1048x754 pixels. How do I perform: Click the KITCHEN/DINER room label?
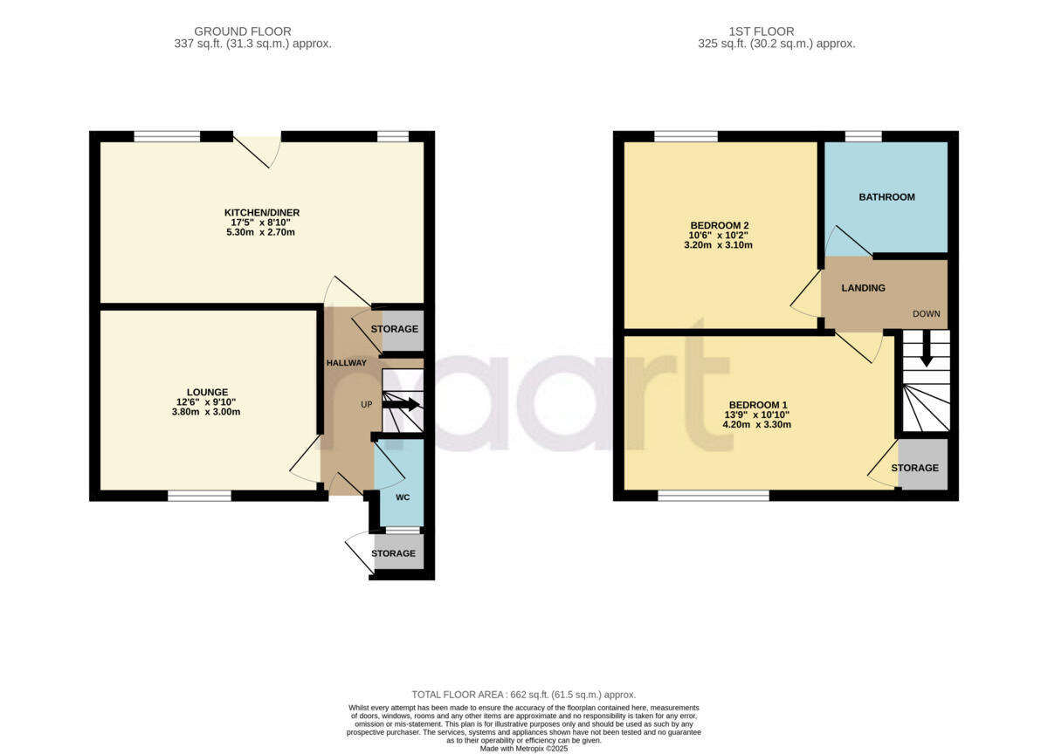coord(262,212)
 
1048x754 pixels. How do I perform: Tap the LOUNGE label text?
coord(207,392)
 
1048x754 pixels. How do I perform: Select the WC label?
coord(403,497)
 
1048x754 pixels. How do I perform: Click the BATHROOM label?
coord(886,197)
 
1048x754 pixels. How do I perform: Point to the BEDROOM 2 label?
coord(719,225)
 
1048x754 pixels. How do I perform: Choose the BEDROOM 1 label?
coord(758,405)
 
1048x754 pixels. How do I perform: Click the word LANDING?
coord(863,288)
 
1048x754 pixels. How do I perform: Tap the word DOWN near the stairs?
coord(927,313)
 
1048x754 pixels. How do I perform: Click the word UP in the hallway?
coord(368,405)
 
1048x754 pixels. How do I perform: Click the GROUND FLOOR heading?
coord(243,31)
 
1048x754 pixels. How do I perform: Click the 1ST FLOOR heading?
coord(776,31)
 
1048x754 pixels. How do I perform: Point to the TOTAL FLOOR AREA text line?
coord(524,694)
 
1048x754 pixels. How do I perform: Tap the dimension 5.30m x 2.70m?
coord(262,233)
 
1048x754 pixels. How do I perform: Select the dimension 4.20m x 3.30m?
coord(758,425)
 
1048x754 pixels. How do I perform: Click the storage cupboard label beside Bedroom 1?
coord(914,469)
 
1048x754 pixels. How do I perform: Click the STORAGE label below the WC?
coord(393,553)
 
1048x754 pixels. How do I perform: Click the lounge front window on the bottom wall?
coord(199,496)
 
